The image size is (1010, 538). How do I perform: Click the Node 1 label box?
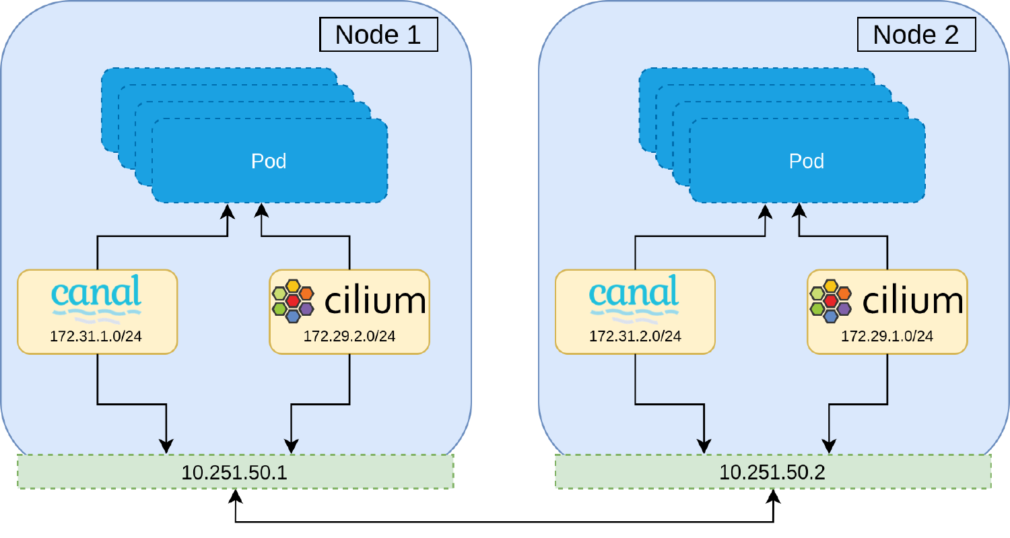click(378, 34)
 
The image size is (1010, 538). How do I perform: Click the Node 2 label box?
click(916, 34)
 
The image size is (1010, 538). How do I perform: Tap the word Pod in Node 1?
click(269, 161)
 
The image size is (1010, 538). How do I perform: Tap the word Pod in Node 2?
click(807, 161)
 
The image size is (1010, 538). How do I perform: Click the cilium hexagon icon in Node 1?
click(293, 300)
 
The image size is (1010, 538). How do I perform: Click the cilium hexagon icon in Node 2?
click(830, 300)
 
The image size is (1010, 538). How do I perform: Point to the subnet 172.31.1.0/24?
click(96, 336)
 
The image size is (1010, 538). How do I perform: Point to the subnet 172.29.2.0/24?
click(349, 336)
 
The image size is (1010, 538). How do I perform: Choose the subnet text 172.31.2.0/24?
click(635, 336)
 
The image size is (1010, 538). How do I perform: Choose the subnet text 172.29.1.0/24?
click(887, 336)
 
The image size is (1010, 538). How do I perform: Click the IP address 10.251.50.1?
click(234, 472)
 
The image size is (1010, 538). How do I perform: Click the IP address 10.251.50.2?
click(772, 472)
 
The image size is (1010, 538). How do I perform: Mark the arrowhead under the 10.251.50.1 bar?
click(235, 497)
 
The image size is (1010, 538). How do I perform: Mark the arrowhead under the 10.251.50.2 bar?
click(773, 497)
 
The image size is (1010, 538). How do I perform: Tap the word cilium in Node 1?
click(375, 301)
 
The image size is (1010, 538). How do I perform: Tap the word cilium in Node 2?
click(912, 301)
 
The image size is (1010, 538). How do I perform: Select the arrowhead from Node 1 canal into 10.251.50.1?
click(166, 446)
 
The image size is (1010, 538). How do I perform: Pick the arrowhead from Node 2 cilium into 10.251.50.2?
click(828, 446)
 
